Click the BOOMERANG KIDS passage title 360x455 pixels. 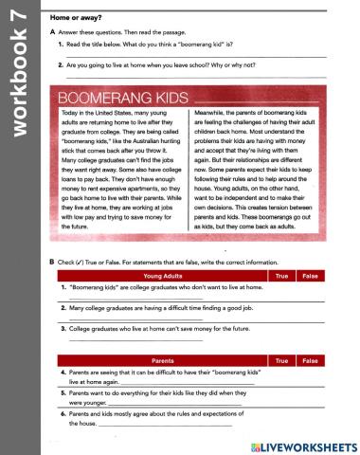pyautogui.click(x=116, y=97)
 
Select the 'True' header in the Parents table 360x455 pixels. pyautogui.click(x=280, y=361)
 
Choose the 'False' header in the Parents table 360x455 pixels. pyautogui.click(x=309, y=361)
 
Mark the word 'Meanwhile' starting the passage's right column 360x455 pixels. pyautogui.click(x=213, y=112)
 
